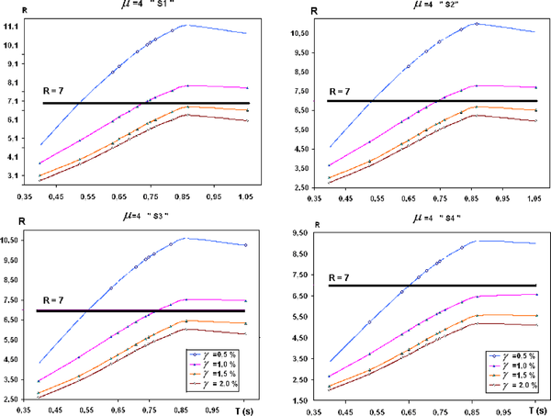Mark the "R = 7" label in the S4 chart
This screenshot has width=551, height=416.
pyautogui.click(x=344, y=276)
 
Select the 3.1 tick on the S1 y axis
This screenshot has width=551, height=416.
pyautogui.click(x=13, y=175)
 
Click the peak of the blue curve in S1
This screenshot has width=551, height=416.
pyautogui.click(x=186, y=25)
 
